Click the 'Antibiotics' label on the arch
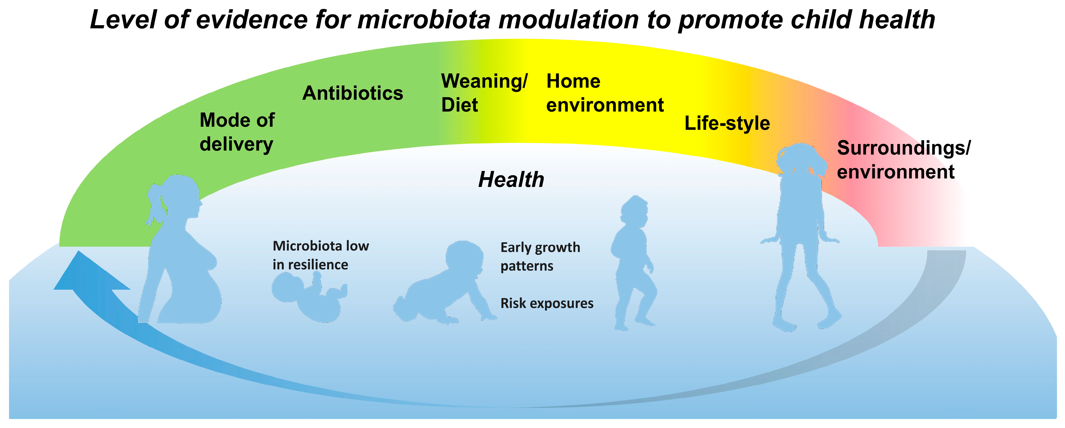(x=353, y=93)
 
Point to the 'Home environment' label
(x=605, y=93)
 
